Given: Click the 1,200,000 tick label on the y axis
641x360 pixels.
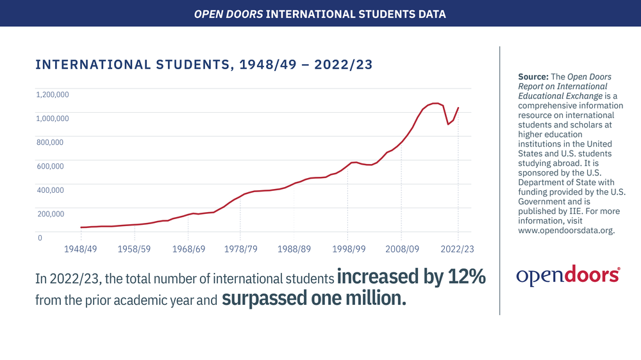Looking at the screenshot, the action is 53,94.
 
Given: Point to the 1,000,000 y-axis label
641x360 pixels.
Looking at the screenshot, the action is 53,119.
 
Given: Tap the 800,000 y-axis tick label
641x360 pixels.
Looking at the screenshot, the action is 50,142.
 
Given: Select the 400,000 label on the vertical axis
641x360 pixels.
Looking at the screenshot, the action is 50,190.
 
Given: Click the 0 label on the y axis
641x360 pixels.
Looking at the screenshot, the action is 40,238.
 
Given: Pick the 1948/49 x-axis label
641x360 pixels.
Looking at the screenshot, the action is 81,249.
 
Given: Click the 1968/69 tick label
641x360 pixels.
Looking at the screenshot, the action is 188,249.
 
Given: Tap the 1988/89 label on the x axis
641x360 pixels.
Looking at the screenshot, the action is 294,249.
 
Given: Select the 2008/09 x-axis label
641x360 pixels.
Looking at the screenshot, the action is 403,249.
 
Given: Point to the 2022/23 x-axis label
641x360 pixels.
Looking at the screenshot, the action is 457,249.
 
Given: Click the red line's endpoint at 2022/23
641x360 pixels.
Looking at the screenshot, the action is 458,108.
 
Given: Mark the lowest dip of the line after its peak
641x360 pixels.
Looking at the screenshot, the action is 448,124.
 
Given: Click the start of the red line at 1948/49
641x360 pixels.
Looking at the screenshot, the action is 81,227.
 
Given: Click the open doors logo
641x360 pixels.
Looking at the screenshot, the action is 568,275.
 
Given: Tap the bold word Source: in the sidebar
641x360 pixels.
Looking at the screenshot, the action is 533,77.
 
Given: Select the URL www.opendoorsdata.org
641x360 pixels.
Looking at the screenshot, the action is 566,231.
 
